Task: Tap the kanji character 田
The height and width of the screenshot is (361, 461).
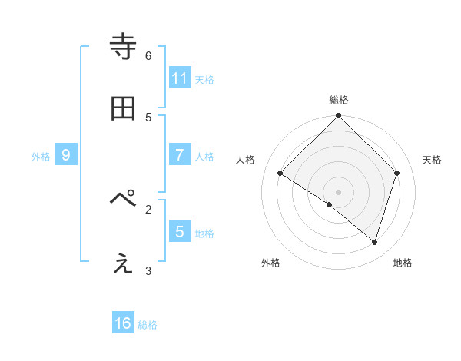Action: [123, 110]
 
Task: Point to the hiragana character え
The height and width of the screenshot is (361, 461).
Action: [123, 263]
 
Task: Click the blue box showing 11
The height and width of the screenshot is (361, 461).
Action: [180, 78]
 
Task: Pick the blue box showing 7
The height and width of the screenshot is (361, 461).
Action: [180, 154]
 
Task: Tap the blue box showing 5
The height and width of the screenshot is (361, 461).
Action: [180, 231]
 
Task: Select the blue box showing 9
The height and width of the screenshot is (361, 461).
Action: [66, 154]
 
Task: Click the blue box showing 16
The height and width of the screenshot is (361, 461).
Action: [123, 323]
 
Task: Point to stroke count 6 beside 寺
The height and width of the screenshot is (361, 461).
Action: [148, 56]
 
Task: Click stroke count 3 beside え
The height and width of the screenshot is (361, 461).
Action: [148, 270]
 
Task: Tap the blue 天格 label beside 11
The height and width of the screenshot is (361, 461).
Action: [204, 79]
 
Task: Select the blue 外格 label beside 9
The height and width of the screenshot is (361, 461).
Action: [41, 156]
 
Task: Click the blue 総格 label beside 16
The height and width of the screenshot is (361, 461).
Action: [148, 325]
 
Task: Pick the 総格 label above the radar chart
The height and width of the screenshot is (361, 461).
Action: [339, 100]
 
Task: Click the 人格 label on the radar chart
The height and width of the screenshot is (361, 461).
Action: [246, 160]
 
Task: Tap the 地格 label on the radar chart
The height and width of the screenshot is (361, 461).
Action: [403, 263]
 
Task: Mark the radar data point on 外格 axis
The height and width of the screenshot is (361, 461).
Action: [330, 204]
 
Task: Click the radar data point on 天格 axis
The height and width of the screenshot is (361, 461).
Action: [397, 173]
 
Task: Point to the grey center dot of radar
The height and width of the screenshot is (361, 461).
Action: [339, 191]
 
